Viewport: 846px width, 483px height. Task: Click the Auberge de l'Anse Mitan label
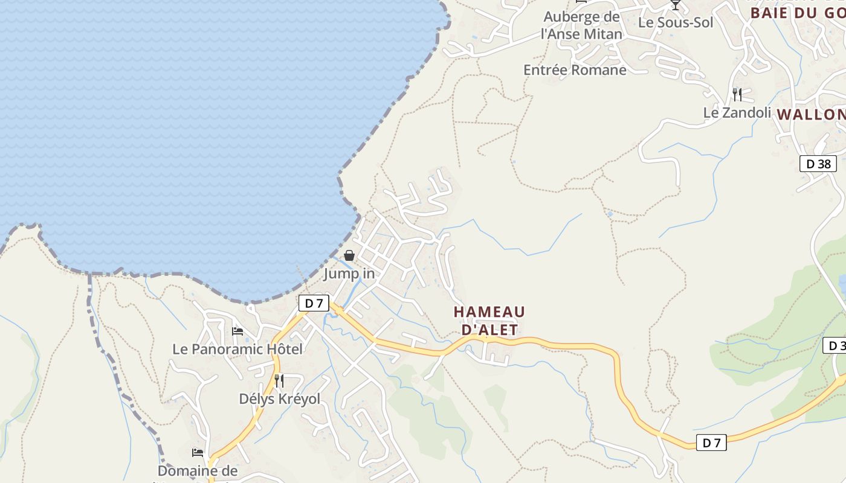tap(581, 25)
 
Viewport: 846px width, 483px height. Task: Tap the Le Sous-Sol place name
tap(676, 23)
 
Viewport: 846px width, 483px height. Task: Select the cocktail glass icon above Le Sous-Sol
tap(676, 5)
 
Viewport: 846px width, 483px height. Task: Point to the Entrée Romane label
tap(575, 70)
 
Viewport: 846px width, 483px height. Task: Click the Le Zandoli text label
tap(737, 113)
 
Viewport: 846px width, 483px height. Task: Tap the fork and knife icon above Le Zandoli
tap(737, 94)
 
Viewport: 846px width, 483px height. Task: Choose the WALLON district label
tap(811, 115)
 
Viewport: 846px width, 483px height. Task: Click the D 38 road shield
tap(818, 164)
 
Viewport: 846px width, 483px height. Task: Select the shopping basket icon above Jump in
tap(349, 255)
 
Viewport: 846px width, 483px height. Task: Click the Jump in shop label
tap(349, 273)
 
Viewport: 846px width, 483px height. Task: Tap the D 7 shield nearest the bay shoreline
tap(314, 303)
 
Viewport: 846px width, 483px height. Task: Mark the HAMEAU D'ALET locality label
tap(489, 321)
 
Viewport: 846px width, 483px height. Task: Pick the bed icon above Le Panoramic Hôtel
tap(237, 331)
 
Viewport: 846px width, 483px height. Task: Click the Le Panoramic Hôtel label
tap(237, 349)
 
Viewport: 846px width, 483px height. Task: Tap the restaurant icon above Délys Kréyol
tap(279, 380)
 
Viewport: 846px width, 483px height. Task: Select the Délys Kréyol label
tap(279, 399)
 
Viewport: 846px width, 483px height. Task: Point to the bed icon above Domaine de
tap(198, 453)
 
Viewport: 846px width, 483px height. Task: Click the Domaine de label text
tap(198, 470)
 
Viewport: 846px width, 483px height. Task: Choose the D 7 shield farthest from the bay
tap(711, 443)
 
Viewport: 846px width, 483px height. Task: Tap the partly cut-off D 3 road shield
tap(835, 346)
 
